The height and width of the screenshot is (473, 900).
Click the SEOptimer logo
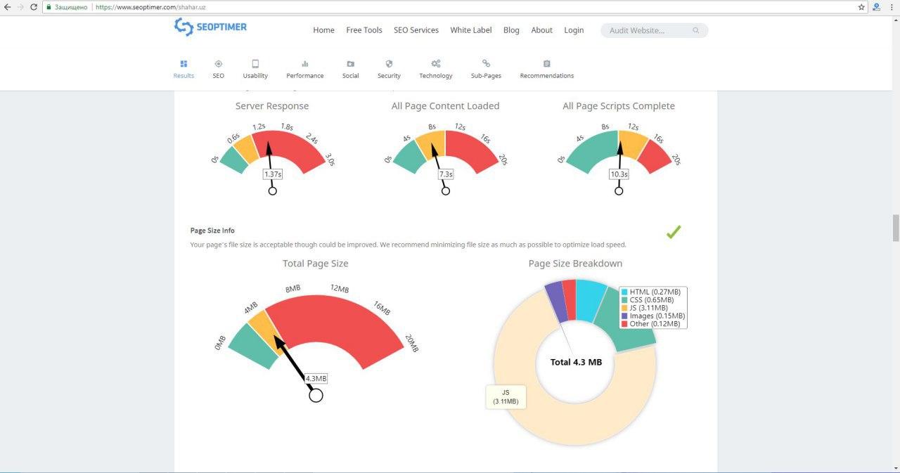[210, 27]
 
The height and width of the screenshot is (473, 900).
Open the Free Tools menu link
[364, 30]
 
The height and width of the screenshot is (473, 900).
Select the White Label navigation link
[471, 30]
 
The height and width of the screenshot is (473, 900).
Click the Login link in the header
[574, 30]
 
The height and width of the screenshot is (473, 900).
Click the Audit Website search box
[654, 30]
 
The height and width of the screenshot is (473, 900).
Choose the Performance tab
[305, 70]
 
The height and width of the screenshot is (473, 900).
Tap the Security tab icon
[389, 63]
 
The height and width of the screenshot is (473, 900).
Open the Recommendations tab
[547, 70]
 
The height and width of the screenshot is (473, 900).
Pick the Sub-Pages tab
[486, 70]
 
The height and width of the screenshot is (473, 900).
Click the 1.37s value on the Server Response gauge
[273, 174]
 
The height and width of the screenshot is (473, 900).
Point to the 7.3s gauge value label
[446, 174]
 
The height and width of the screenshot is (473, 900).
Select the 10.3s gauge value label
[619, 174]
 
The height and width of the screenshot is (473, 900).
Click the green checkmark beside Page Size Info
[674, 232]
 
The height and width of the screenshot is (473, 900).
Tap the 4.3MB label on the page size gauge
[316, 379]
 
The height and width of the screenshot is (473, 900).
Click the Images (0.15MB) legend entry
[653, 316]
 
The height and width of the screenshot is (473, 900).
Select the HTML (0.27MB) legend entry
[651, 292]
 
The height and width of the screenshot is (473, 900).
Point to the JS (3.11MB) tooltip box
[506, 397]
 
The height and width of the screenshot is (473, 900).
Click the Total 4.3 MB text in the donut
[576, 362]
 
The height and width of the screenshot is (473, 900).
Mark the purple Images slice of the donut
[556, 301]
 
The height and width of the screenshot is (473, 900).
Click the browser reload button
[34, 7]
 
